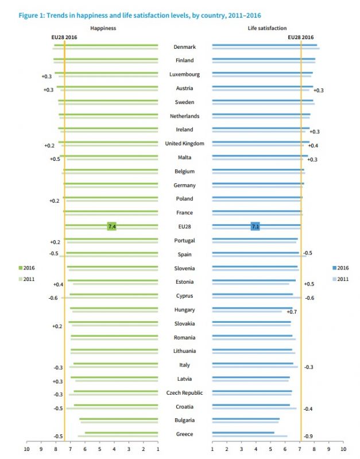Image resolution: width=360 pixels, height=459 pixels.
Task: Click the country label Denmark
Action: point(184,47)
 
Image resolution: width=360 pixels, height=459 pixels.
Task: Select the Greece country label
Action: point(184,434)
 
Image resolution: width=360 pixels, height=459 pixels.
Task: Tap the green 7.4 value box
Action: point(112,227)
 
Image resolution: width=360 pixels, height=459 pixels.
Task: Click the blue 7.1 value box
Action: point(256,227)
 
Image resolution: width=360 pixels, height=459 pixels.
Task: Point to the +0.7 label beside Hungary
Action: point(291,311)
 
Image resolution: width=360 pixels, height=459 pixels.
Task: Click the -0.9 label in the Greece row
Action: point(308,437)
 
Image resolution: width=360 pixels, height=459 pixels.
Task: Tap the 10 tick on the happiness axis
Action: point(26,449)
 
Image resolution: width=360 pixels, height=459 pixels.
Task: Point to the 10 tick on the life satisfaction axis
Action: point(343,449)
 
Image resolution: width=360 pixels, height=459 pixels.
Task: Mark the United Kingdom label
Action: point(184,144)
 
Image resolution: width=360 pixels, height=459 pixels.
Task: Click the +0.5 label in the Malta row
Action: point(55,159)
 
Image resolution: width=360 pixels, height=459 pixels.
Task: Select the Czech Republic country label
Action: point(184,393)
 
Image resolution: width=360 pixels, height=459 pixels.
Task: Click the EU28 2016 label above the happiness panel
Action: point(64,37)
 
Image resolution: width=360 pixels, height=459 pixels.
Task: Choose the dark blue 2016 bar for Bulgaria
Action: point(246,419)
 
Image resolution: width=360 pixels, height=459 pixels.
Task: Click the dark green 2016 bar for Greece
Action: point(121,433)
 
